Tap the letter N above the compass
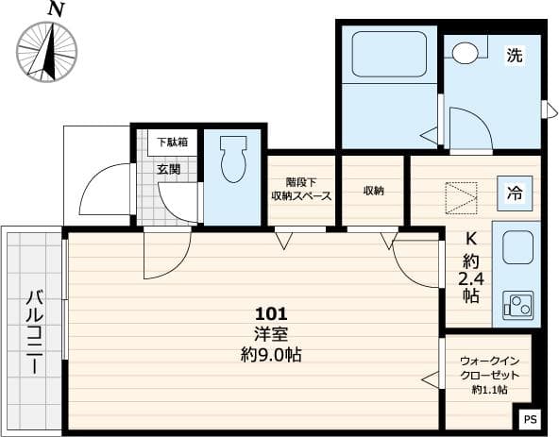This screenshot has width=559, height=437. coord(56,9)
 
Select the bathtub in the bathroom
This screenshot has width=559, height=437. coord(389,55)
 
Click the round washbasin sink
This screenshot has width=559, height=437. coord(465,53)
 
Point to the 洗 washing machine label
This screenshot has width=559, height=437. coord(514,56)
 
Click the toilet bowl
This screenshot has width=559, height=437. coord(233,161)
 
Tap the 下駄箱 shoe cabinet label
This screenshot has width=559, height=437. coord(172,142)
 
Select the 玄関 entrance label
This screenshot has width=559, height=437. coord(169,170)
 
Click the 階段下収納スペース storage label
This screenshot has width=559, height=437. coord(301,190)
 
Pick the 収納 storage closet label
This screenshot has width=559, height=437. coord(374,190)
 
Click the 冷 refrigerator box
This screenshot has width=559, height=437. coord(515,194)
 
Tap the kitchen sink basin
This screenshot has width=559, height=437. coord(517,248)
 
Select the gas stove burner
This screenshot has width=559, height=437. coord(517,304)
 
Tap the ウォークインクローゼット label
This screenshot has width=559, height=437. coord(489,368)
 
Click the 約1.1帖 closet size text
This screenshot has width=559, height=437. coord(489,390)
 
